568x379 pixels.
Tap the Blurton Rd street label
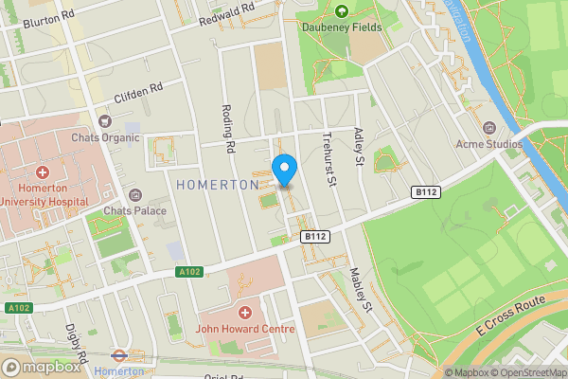point(48,19)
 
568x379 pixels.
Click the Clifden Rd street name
point(139,91)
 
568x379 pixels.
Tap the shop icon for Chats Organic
point(105,121)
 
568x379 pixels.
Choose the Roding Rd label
point(227,128)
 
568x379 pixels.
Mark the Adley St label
point(359,145)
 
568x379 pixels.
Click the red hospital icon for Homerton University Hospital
point(43,172)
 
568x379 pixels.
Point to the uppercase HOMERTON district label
point(218,185)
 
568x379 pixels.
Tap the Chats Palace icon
point(137,194)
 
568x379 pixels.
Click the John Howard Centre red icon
point(245,313)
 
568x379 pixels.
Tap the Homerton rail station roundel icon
point(119,356)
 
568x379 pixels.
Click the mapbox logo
point(41,367)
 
